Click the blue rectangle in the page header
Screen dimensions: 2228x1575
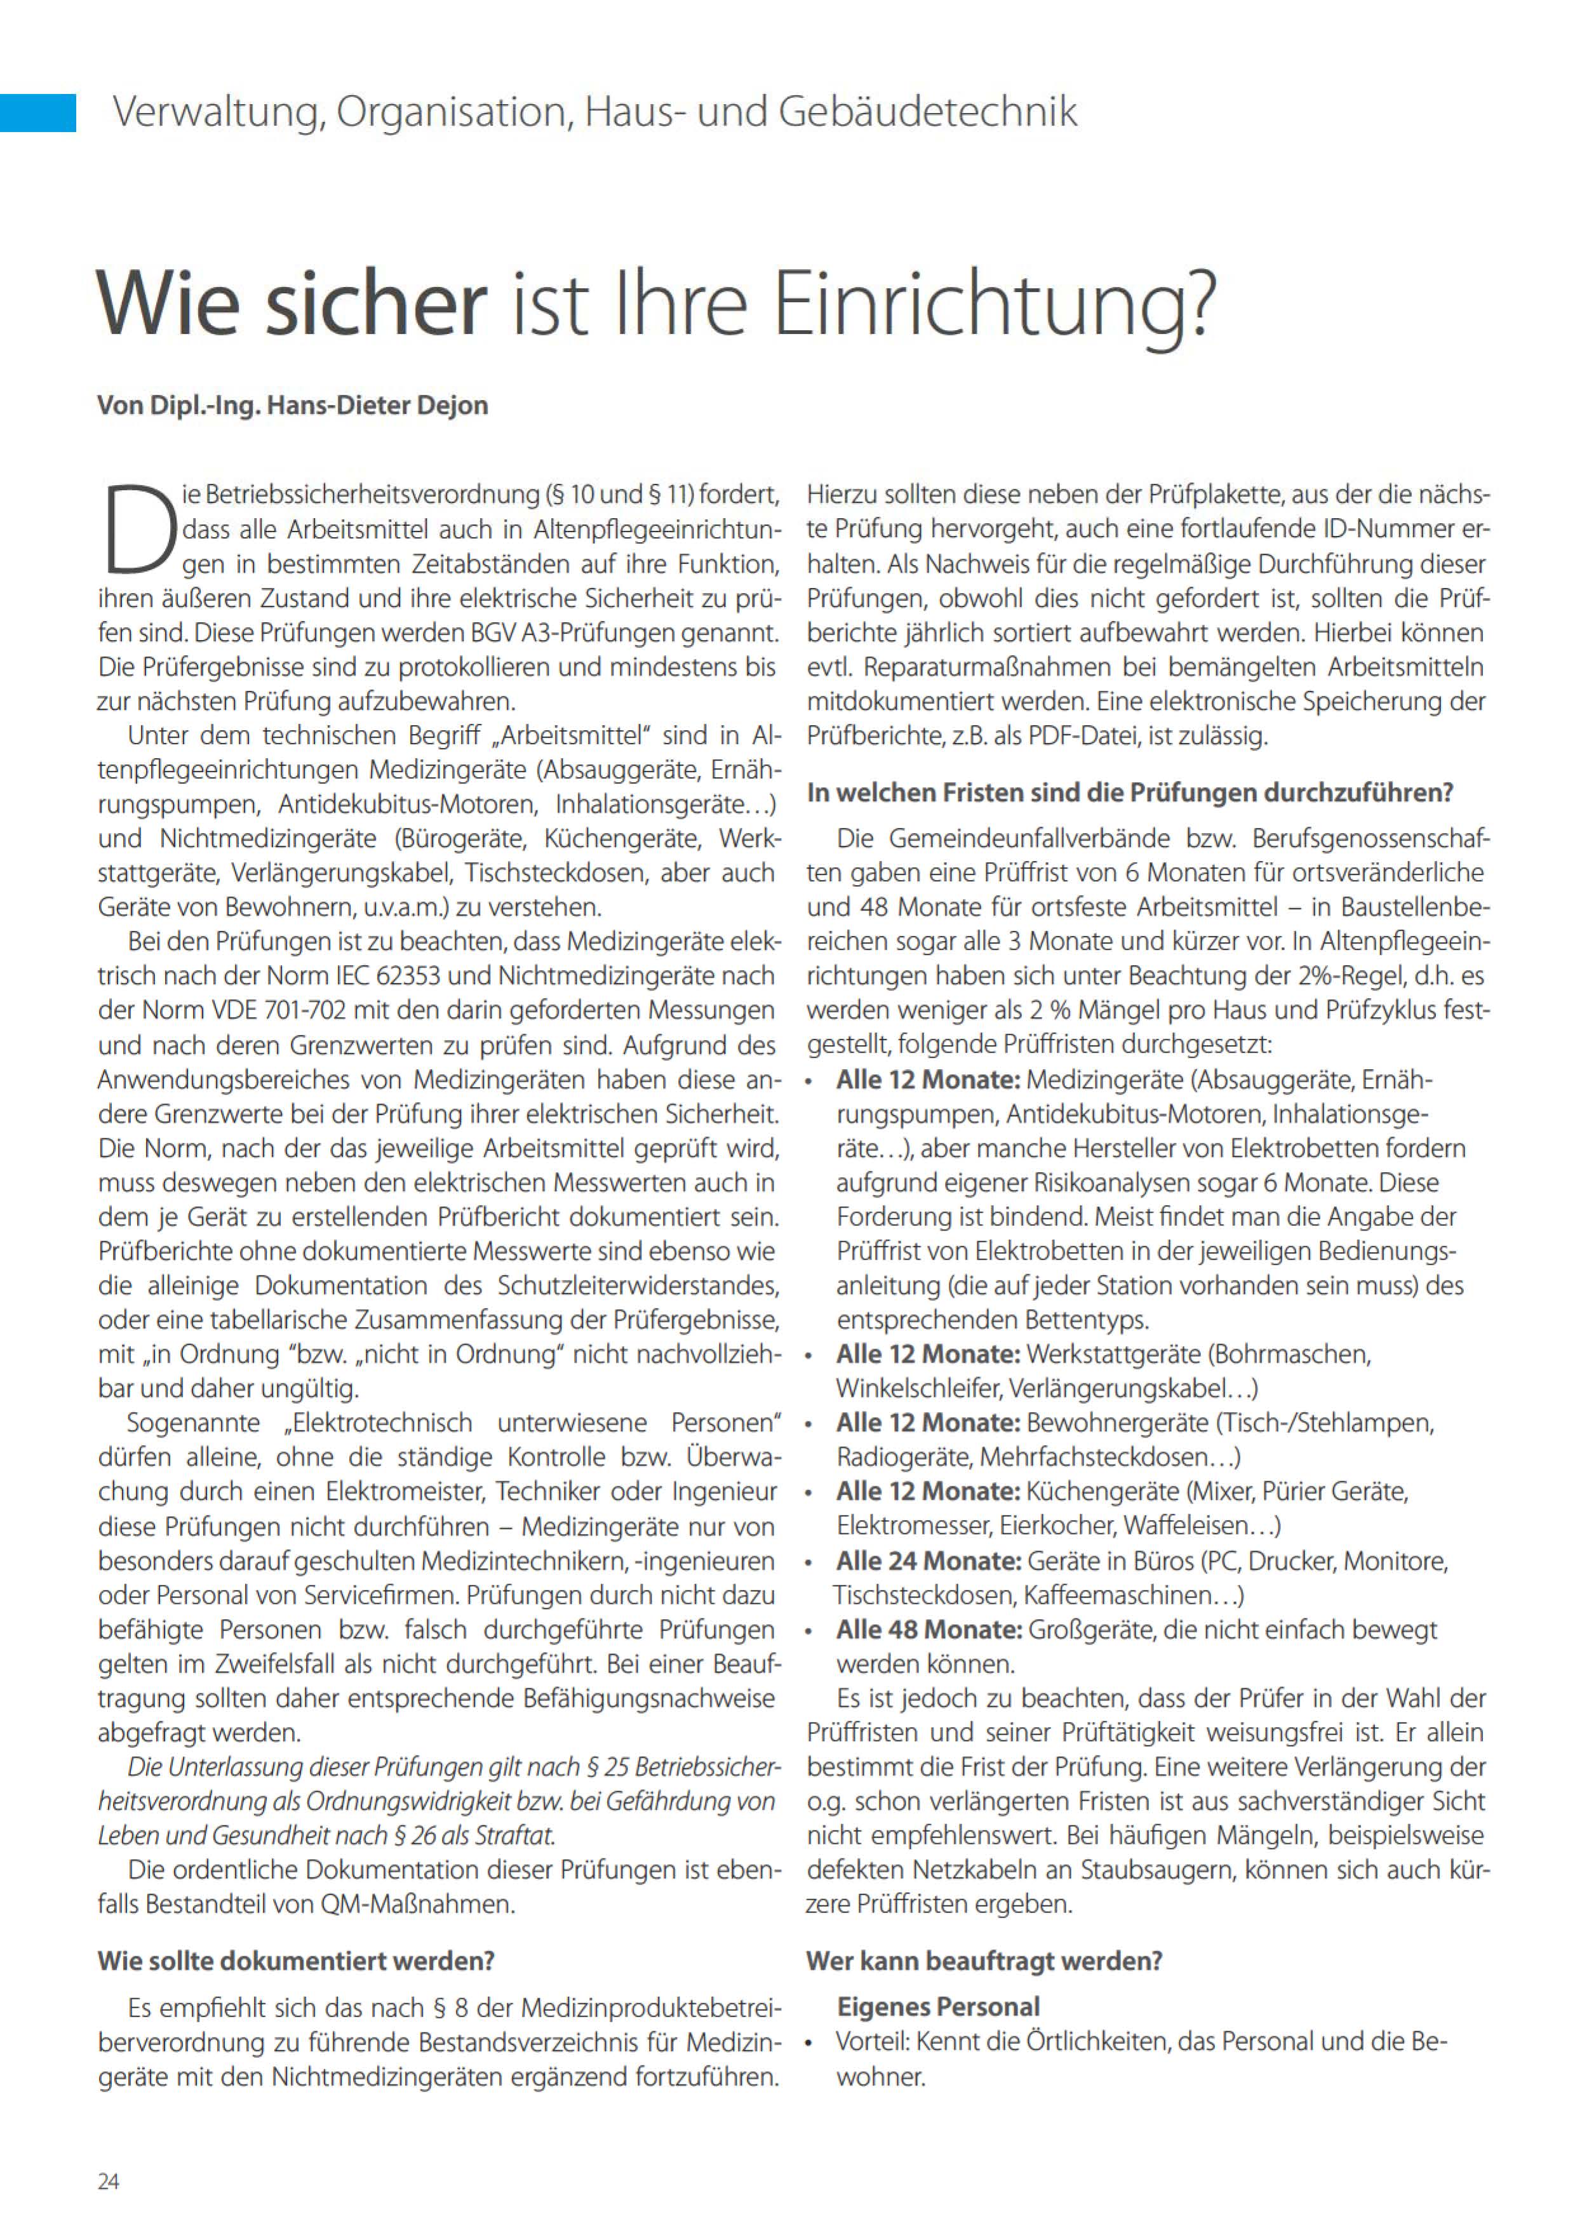38,112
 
